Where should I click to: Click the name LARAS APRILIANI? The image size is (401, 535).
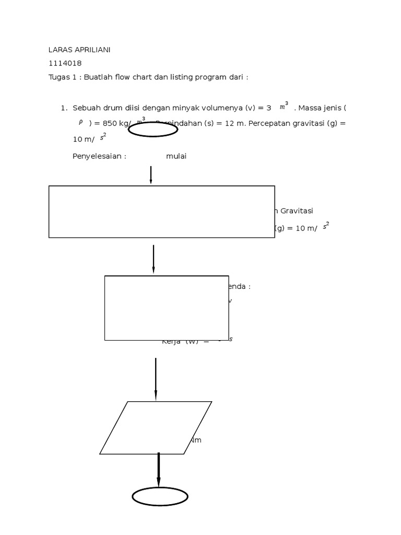coord(79,50)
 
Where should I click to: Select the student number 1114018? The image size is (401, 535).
coord(65,63)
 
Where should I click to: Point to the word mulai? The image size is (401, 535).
coord(176,156)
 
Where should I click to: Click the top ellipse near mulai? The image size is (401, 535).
coord(153,129)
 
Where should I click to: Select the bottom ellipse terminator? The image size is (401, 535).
coord(160,496)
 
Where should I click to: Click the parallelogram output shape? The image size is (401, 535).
coord(156,427)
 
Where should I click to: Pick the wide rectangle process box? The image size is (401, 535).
coord(161,212)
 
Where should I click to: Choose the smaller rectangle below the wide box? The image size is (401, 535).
coord(167,308)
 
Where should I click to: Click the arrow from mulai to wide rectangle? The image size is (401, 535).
coord(151,175)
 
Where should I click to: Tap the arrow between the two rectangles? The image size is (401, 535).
coord(154,259)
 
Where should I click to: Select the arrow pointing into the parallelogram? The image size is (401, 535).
coord(156,379)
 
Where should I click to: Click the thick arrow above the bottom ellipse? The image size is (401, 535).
coord(159,470)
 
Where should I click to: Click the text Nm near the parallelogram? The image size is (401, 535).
coord(195,440)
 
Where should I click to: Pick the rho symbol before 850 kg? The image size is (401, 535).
coord(81,122)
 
